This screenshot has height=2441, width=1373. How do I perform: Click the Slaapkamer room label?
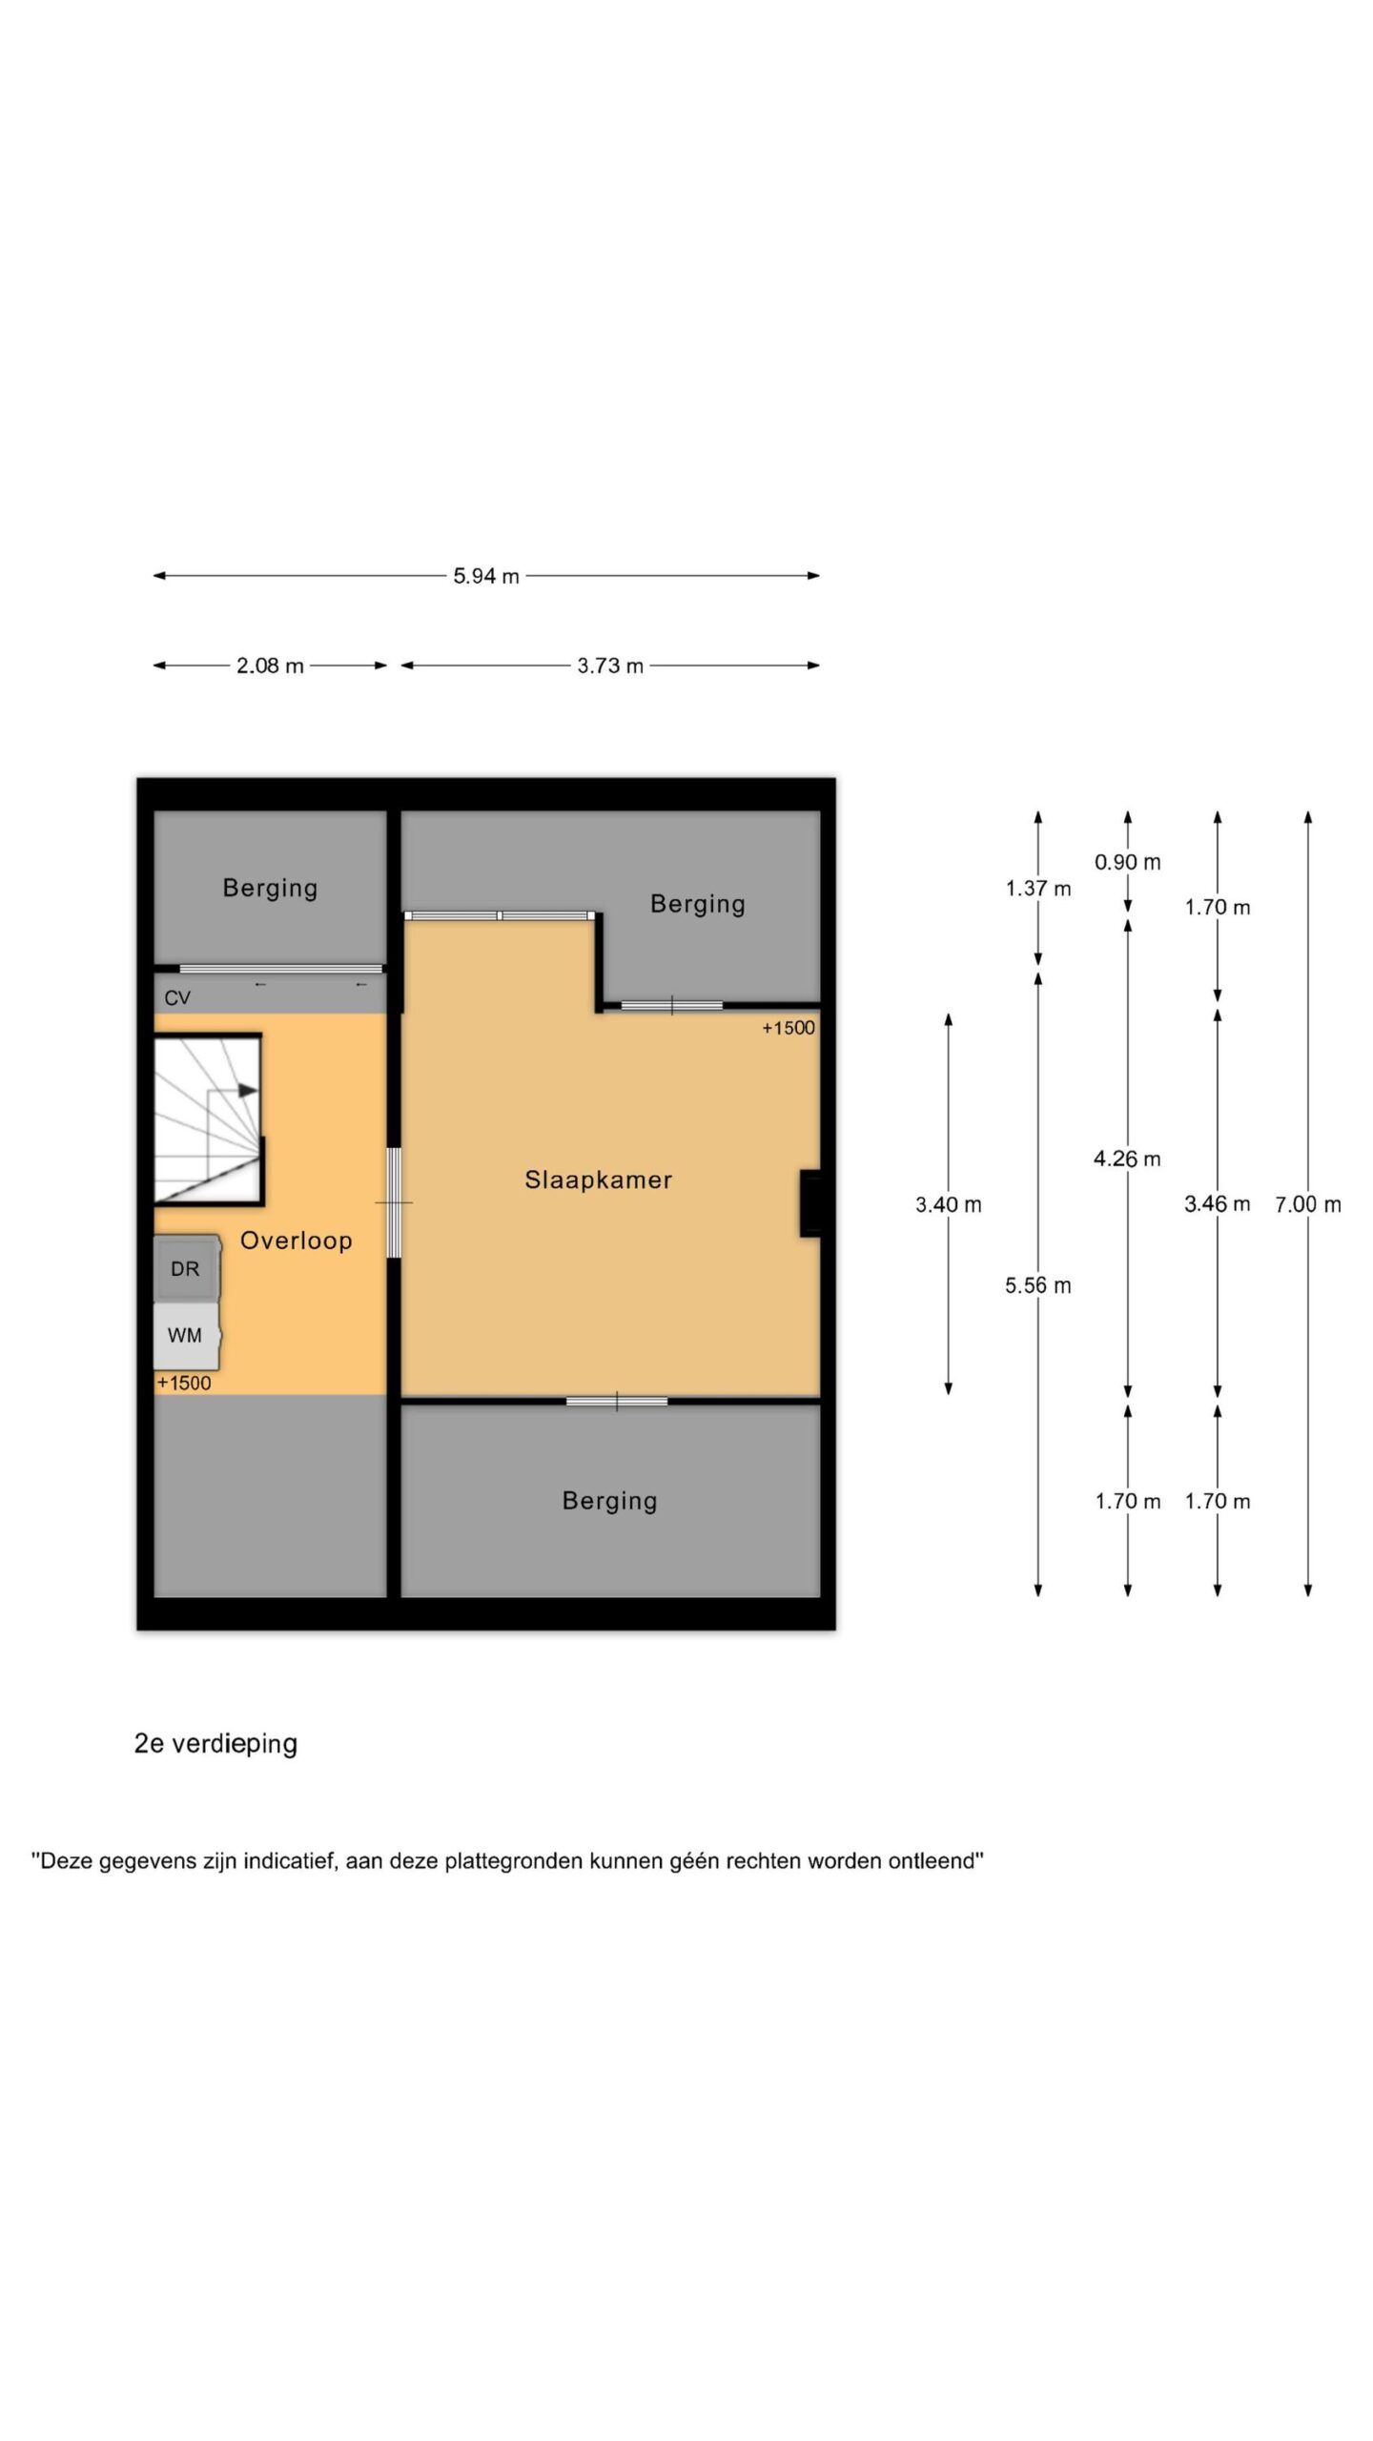click(598, 1179)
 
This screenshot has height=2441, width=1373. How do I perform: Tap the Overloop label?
click(296, 1241)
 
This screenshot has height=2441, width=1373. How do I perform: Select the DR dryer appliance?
click(187, 1268)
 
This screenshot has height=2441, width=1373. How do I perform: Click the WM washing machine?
click(187, 1335)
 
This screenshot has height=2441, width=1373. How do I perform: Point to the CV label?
click(177, 998)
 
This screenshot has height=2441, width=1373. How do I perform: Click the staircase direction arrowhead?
click(248, 1090)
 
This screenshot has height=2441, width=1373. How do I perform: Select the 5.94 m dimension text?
click(486, 576)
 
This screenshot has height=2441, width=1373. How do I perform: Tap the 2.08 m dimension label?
click(270, 666)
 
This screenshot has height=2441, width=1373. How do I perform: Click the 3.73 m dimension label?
click(610, 666)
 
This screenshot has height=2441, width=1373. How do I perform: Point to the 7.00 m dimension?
click(1308, 1204)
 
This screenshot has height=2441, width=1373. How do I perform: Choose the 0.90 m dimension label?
click(1128, 862)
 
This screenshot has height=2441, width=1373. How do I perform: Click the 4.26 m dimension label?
click(1128, 1159)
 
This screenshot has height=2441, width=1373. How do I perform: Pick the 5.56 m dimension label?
click(1038, 1285)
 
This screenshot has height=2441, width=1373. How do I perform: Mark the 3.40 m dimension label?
click(949, 1204)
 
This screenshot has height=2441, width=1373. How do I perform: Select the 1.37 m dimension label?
click(1038, 889)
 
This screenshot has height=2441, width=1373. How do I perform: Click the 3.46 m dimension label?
click(1218, 1203)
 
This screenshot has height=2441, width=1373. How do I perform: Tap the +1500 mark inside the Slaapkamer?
click(789, 1028)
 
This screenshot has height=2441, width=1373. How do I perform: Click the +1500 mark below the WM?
click(184, 1383)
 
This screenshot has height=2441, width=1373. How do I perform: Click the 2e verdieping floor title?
click(215, 1743)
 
